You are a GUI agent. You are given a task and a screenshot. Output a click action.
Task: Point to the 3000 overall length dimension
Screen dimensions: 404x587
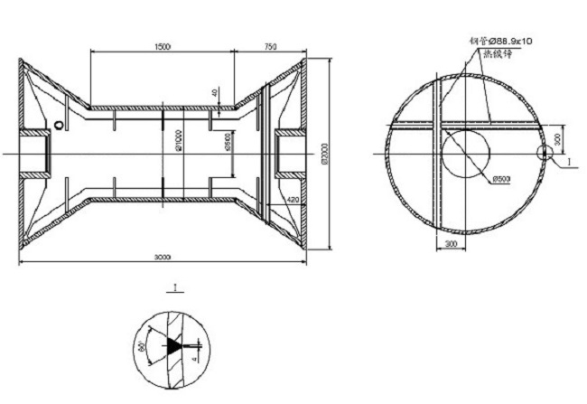pyautogui.click(x=163, y=257)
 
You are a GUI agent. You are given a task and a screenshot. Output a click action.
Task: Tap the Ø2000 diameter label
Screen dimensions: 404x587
pyautogui.click(x=324, y=156)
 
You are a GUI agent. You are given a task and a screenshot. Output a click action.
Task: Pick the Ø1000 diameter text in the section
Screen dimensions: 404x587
pyautogui.click(x=181, y=145)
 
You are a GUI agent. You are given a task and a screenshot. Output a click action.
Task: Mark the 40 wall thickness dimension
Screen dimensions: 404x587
pyautogui.click(x=216, y=93)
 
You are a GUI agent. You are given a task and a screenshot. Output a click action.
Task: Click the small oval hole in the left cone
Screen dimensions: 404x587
pyautogui.click(x=59, y=125)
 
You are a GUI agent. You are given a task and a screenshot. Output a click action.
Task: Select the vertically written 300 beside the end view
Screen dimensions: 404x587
pyautogui.click(x=562, y=139)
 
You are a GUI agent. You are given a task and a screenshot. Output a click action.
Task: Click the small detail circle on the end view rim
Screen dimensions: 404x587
pyautogui.click(x=544, y=153)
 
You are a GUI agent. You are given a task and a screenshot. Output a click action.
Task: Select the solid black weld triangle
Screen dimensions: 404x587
pyautogui.click(x=173, y=344)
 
